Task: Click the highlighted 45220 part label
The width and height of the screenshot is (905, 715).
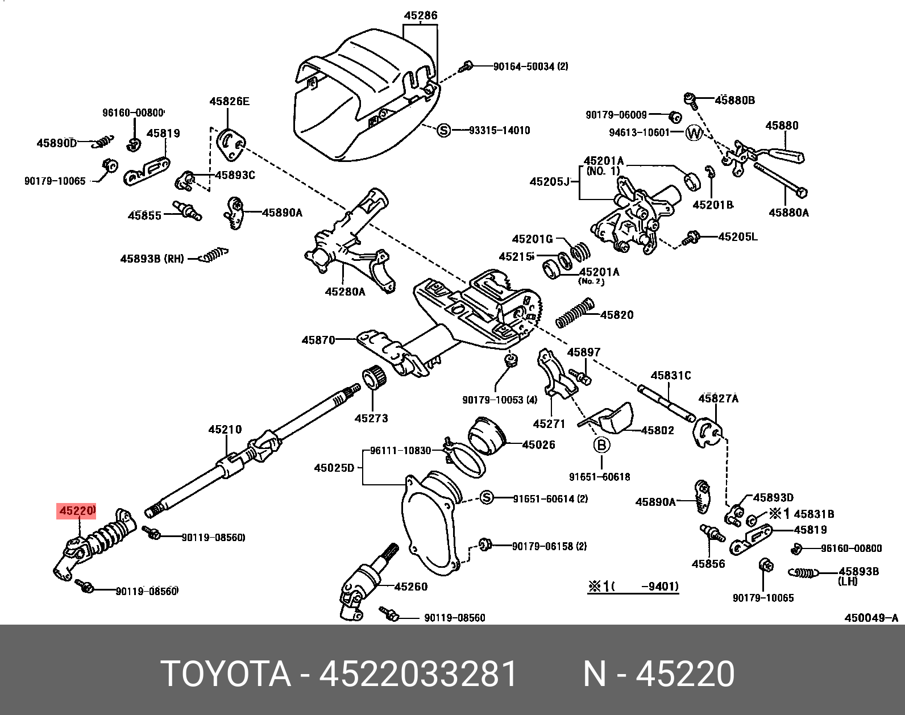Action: point(76,511)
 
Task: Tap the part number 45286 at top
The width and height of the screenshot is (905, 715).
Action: point(421,15)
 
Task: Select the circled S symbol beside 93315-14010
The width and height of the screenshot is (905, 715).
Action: point(443,131)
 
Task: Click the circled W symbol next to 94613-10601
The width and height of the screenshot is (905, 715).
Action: point(694,133)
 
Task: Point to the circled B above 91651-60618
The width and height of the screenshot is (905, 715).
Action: point(601,445)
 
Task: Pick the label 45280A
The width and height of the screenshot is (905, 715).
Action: point(345,292)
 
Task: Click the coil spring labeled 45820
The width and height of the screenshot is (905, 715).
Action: point(575,314)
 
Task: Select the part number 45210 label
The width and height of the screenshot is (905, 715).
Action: point(225,430)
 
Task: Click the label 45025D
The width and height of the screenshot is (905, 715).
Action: point(334,468)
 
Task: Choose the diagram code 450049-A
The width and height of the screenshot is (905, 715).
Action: point(871,618)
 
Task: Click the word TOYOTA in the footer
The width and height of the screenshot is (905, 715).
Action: point(226,674)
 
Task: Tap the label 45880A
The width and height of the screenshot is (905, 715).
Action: point(788,213)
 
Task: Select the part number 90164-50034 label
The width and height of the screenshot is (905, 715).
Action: point(530,66)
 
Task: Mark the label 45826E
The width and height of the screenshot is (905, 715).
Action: point(229,102)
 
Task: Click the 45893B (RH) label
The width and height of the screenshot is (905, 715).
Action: point(152,259)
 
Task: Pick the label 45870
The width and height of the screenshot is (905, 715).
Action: point(318,340)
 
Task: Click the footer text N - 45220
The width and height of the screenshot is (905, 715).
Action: point(659,674)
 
